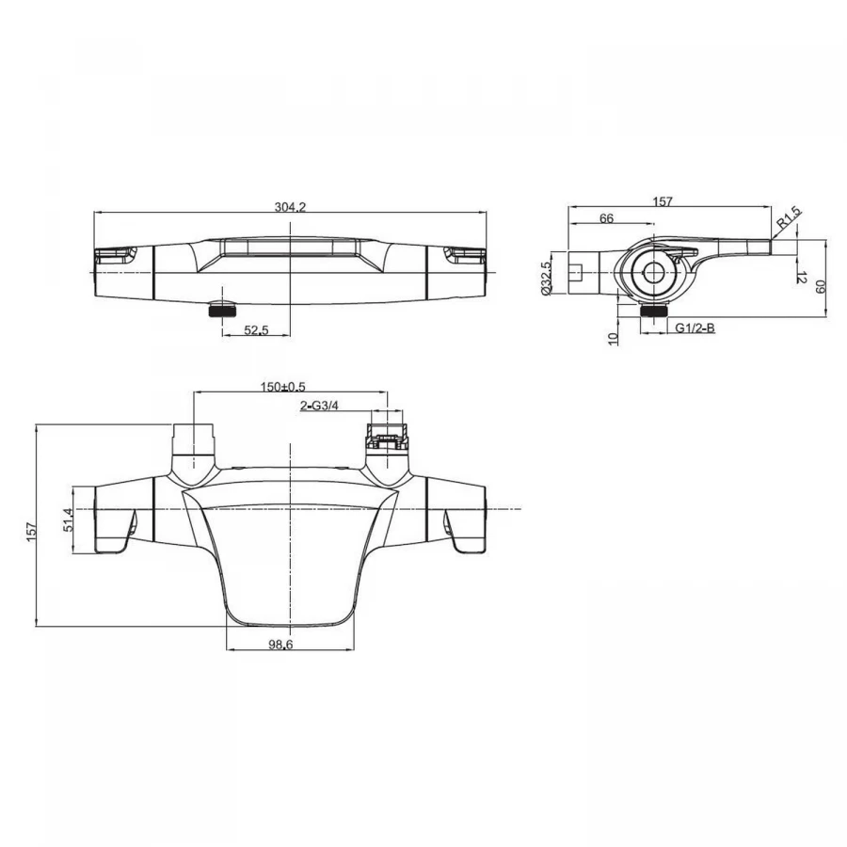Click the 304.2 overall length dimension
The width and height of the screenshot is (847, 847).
290,206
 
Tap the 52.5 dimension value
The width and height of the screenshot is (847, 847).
255,329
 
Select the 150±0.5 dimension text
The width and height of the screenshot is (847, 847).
283,387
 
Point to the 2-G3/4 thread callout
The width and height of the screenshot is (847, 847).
319,405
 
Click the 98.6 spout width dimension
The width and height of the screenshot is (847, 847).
280,644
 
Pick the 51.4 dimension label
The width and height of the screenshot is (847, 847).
68,519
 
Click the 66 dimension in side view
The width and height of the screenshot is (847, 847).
607,218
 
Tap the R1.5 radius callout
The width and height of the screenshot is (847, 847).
789,217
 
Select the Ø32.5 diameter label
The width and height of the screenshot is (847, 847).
546,278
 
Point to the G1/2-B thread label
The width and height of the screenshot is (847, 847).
695,328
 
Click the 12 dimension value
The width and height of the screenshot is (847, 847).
802,278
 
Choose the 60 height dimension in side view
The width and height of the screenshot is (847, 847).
821,287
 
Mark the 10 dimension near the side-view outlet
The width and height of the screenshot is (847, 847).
613,339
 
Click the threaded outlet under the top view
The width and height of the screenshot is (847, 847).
221,311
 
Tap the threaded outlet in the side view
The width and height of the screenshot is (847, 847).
652,310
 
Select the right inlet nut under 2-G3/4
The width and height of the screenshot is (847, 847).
387,437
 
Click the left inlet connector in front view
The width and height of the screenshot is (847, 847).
193,439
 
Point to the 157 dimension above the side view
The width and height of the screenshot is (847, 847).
663,201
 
